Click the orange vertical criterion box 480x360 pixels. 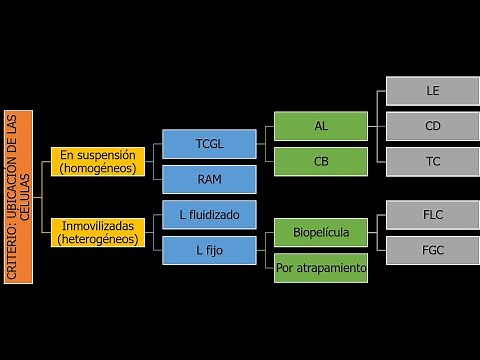(19, 196)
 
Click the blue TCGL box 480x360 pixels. (210, 144)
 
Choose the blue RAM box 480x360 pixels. (210, 179)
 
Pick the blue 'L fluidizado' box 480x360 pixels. (210, 214)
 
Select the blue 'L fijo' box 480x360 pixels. (210, 250)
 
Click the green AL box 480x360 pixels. (321, 126)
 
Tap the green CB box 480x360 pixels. (321, 161)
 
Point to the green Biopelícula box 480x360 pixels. (321, 232)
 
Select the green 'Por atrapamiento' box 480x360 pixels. (321, 268)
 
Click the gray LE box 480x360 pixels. (432, 91)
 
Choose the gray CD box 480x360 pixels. (432, 126)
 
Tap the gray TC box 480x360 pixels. (432, 161)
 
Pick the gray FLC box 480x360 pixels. (432, 214)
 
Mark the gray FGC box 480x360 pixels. (432, 250)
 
